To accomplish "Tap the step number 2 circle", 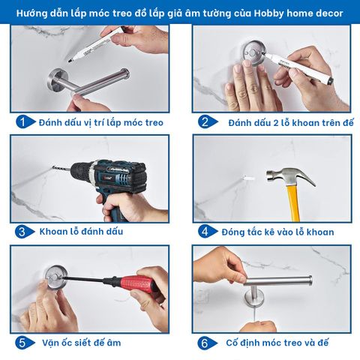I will (205, 121).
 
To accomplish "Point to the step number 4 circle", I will (205, 232).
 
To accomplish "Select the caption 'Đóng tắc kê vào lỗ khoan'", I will (278, 232).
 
